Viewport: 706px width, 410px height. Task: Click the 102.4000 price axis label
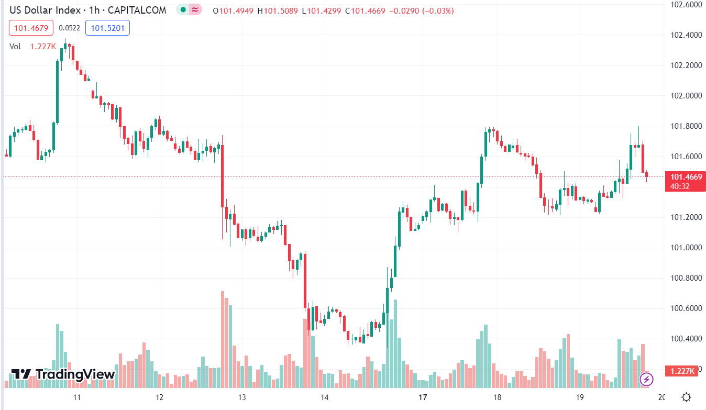(x=687, y=35)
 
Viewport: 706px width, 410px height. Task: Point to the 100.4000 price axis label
(x=687, y=339)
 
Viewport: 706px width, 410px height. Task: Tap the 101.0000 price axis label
(x=687, y=248)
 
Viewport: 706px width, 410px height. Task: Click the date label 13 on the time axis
(x=242, y=397)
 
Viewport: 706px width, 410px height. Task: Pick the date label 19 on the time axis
(x=579, y=397)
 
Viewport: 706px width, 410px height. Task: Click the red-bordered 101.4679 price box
(x=30, y=28)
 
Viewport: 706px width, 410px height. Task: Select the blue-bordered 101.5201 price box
(x=108, y=28)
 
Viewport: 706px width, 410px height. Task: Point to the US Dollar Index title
(x=45, y=10)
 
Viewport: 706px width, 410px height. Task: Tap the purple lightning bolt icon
(x=646, y=379)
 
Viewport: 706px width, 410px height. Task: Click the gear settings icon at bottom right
(x=687, y=397)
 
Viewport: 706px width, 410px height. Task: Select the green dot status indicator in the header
(x=182, y=10)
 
